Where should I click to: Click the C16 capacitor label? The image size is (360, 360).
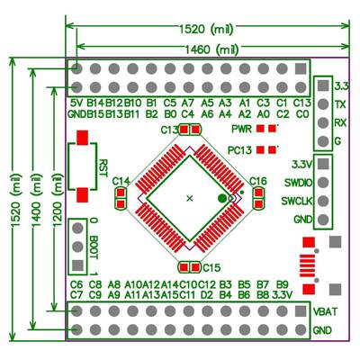[258, 182]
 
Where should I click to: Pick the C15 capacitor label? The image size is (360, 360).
[211, 267]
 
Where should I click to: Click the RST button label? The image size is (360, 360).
[103, 168]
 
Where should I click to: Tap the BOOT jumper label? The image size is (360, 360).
[94, 246]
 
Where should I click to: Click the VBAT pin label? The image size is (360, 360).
[326, 311]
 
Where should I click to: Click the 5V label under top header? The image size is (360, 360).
[76, 103]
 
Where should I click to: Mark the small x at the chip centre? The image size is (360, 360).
[189, 196]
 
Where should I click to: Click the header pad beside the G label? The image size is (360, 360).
[320, 141]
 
